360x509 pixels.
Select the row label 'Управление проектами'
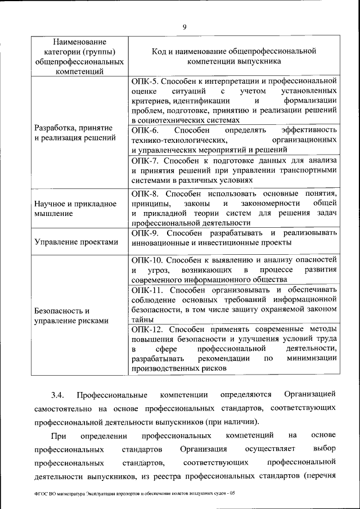tap(76, 242)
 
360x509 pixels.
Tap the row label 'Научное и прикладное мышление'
tap(75, 209)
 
